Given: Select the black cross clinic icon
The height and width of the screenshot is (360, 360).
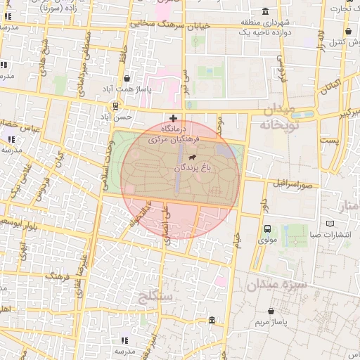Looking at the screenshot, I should coord(174,118).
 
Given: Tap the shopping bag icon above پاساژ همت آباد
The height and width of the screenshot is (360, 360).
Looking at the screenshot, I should coord(126,79).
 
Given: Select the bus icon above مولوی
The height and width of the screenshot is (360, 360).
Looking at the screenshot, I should coord(267,229).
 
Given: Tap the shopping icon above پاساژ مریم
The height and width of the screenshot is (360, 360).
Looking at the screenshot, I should coord(271,310).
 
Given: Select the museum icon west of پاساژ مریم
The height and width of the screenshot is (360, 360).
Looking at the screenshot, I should coord(212,321).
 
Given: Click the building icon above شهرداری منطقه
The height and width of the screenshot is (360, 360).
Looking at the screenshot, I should coord(264,11).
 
